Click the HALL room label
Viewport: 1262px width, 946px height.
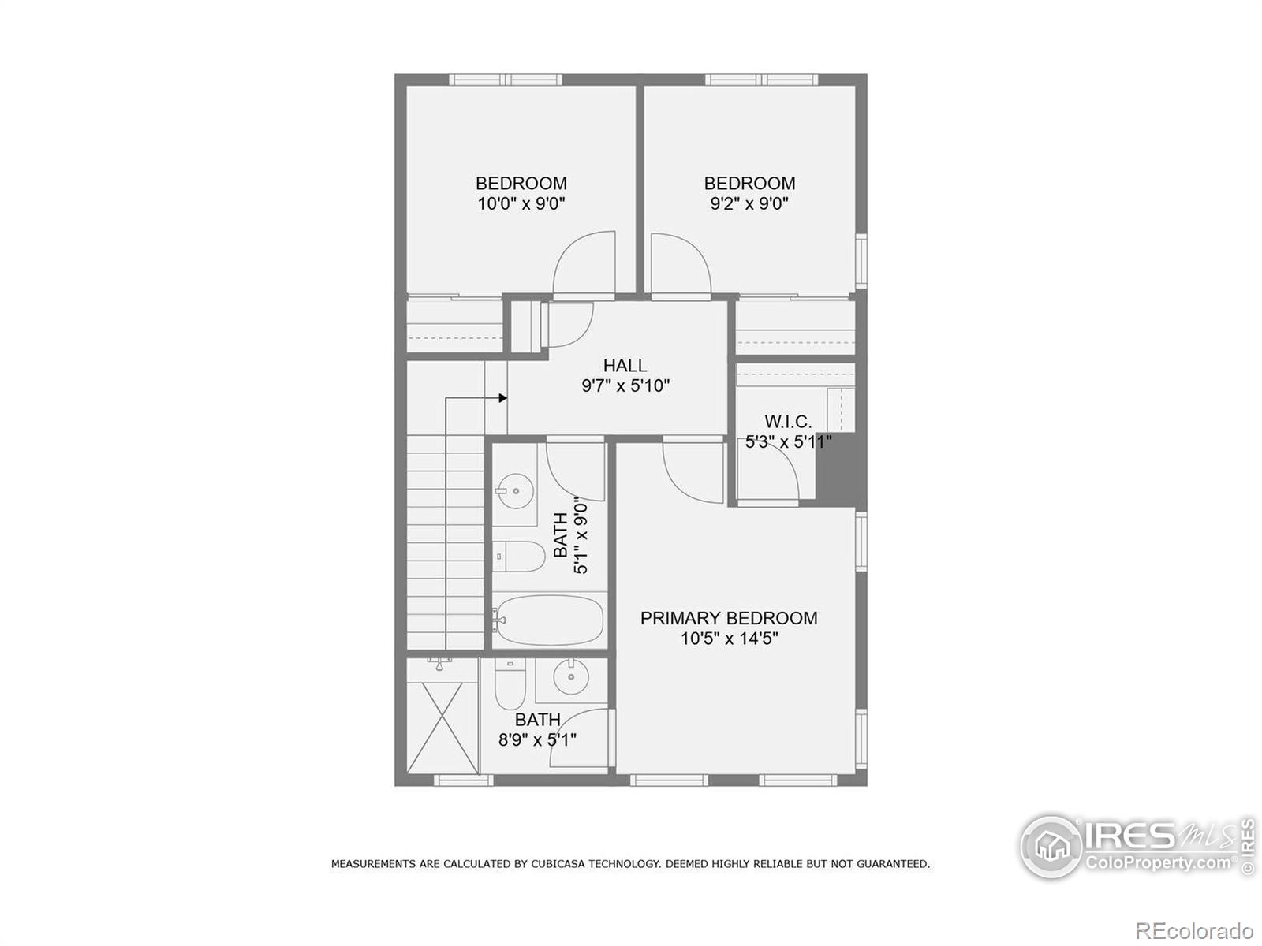coord(625,365)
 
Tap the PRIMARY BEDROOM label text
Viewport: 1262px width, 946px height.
coord(728,618)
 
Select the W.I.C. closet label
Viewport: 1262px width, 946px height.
coord(787,422)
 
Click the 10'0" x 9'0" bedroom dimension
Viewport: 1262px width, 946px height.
coord(521,204)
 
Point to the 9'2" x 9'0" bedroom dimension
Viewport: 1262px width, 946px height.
coord(749,204)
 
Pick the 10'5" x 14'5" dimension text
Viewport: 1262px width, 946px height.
coord(729,639)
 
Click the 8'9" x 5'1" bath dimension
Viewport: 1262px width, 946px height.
coord(537,740)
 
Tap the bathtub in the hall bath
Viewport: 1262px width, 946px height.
coord(549,620)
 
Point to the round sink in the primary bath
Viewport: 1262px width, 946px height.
coord(570,676)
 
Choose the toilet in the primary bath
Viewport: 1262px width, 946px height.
coord(510,683)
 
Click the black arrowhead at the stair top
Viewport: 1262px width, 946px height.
coord(502,398)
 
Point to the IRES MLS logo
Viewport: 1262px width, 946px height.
coord(1136,846)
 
